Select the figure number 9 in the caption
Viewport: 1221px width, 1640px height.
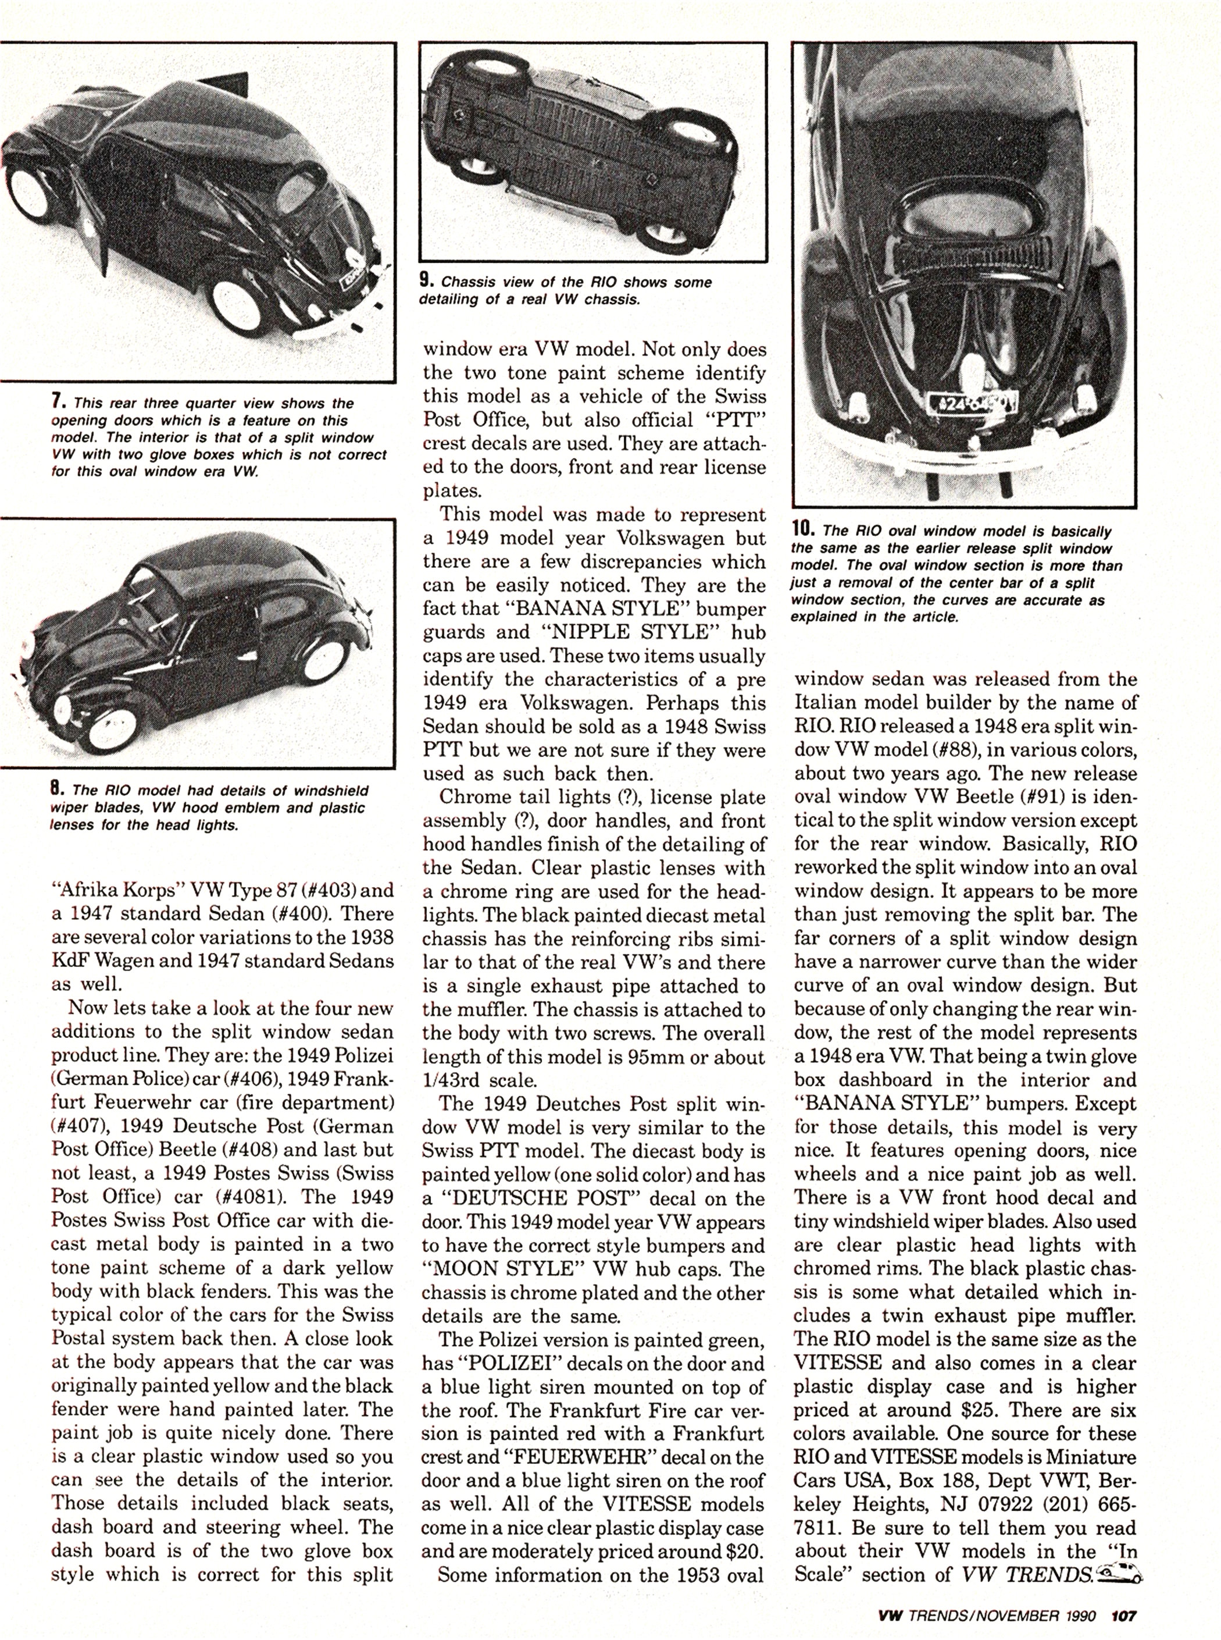coord(425,281)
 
